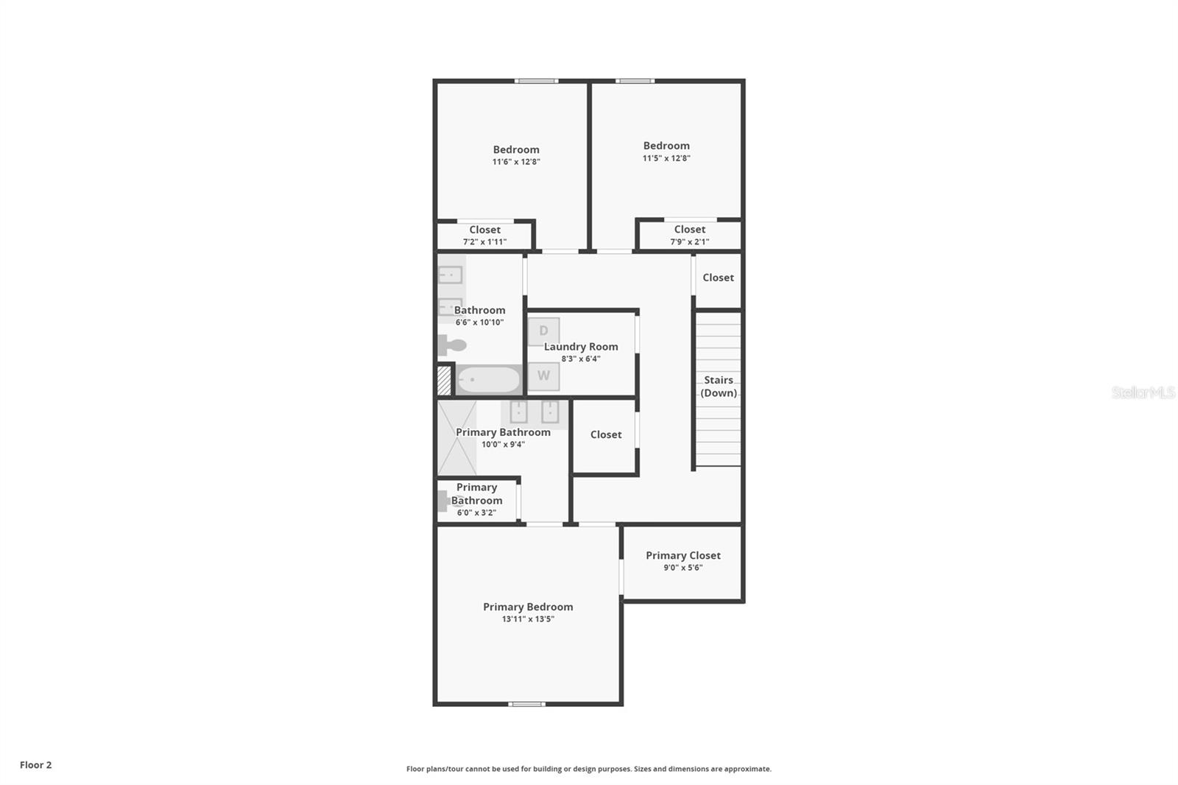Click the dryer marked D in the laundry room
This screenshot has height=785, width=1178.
(543, 331)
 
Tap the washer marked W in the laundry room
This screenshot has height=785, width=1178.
(543, 376)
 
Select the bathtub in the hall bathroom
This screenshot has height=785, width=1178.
(489, 380)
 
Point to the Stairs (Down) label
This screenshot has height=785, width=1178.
(718, 386)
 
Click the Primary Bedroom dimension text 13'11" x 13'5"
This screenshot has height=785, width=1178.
(528, 619)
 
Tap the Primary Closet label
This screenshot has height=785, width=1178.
(683, 555)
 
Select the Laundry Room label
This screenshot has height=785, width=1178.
(581, 346)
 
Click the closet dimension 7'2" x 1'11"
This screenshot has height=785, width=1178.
(484, 242)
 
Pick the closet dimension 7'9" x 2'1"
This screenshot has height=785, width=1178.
(689, 242)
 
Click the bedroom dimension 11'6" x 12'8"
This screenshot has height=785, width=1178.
(516, 161)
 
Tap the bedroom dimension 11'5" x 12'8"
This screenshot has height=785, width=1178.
(666, 158)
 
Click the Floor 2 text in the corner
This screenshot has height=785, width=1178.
(35, 764)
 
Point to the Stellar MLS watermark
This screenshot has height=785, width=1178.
(1143, 392)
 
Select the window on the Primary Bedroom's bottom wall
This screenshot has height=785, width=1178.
(527, 704)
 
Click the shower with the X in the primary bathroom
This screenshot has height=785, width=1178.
(457, 438)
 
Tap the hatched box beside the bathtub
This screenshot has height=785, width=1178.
(444, 381)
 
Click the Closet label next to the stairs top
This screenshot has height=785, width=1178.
(718, 278)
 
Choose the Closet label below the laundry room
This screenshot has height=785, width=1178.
(606, 434)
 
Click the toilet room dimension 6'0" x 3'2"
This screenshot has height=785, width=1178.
(476, 513)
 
